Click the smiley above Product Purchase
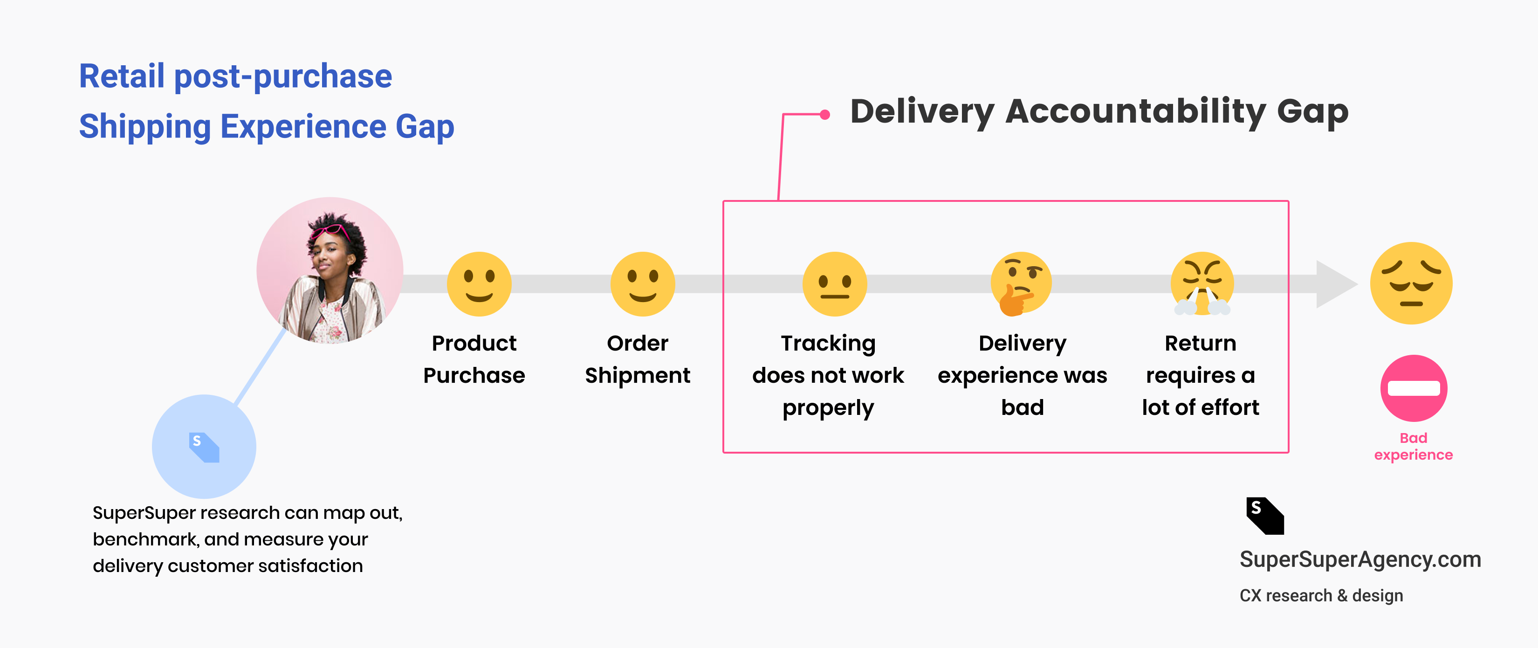coord(479,284)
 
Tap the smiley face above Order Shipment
coord(642,284)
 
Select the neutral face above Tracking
coord(834,284)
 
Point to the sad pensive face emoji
coord(1411,283)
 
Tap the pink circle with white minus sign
coord(1413,388)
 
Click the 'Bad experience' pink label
coord(1413,446)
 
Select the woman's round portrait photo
coord(330,270)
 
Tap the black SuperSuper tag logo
coord(1264,516)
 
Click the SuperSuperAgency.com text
coord(1360,559)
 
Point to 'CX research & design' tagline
coord(1321,595)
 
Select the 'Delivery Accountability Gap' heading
coord(1099,112)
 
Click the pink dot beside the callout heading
coord(824,115)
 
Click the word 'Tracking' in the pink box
coord(828,344)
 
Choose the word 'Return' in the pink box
coord(1200,344)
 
